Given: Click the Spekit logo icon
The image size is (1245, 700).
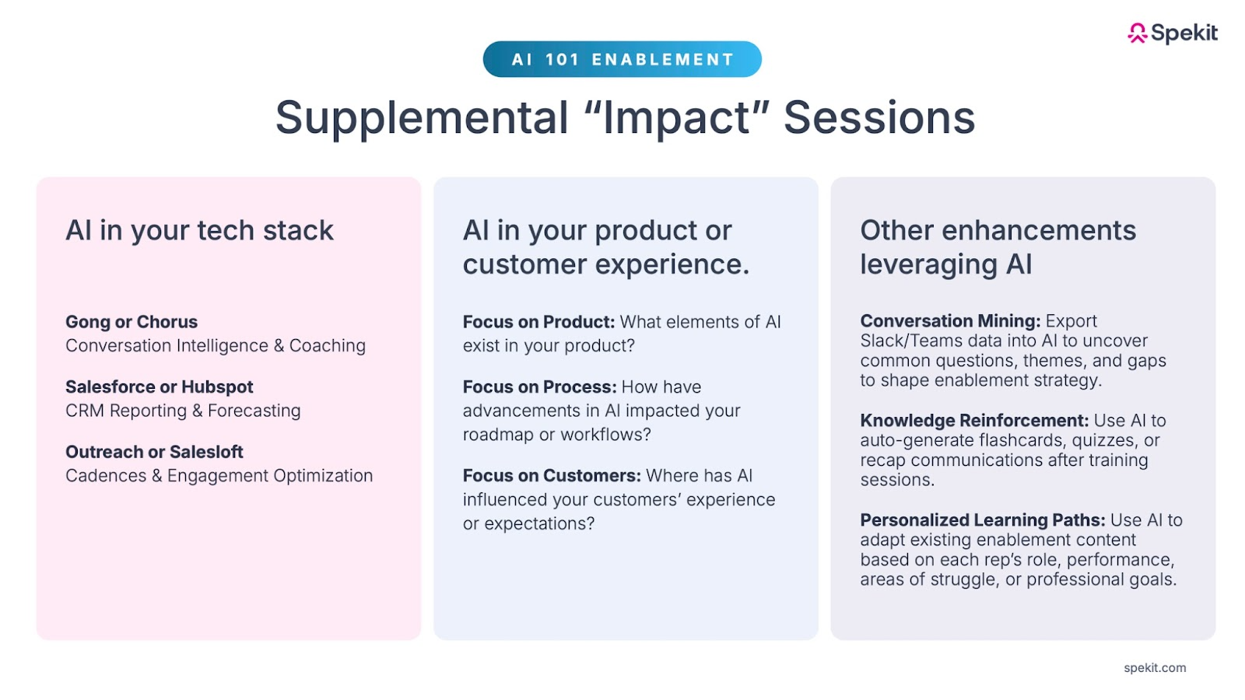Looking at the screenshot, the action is click(1137, 33).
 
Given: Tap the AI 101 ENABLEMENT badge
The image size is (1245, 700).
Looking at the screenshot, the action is click(622, 59).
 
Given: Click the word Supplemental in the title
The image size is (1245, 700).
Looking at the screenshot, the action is click(422, 118).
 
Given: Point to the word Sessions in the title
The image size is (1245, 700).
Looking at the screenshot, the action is click(879, 117).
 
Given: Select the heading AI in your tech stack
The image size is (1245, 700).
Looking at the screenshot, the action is click(199, 230).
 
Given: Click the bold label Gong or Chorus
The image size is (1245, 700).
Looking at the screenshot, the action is click(132, 322).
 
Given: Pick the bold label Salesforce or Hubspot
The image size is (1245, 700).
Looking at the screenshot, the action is click(159, 387).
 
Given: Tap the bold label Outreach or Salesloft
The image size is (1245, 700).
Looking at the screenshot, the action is click(154, 452).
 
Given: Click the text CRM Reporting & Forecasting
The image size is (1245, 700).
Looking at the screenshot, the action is click(183, 411).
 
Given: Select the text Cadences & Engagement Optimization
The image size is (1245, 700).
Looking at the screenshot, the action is click(219, 475).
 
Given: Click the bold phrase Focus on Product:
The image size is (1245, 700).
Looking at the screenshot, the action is click(538, 322).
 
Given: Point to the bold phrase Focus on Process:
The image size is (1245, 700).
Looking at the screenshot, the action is click(540, 387).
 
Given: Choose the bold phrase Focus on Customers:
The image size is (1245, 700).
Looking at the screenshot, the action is click(552, 475).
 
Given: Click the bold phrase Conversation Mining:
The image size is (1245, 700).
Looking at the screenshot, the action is click(950, 320).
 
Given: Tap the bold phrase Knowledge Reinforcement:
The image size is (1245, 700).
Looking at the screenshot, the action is click(974, 420).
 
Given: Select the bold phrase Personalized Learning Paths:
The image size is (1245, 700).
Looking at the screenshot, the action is click(983, 520).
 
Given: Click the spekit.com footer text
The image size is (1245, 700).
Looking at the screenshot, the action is click(1155, 668).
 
